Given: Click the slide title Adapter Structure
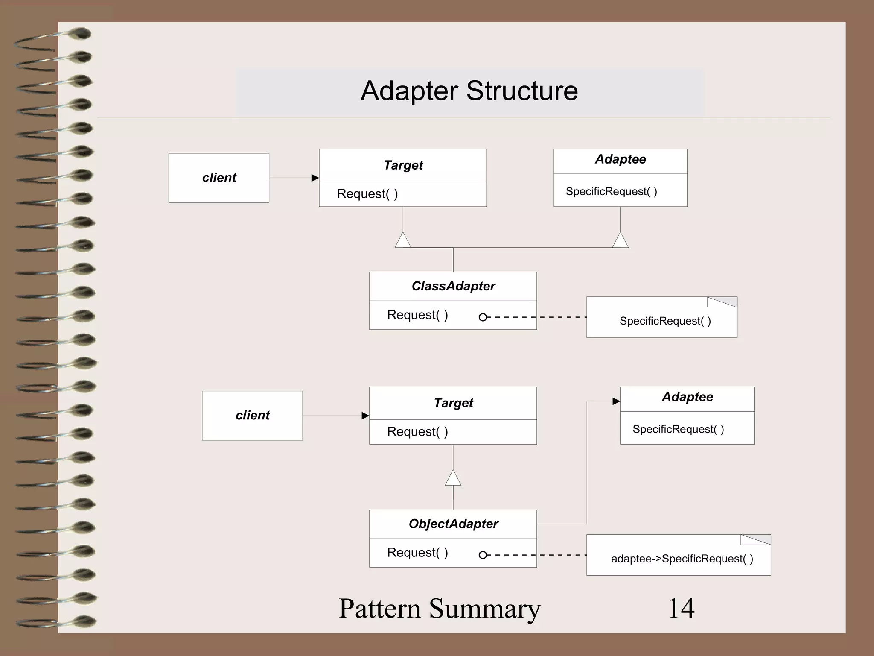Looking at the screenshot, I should click(469, 91).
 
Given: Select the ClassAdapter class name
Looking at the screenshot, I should click(453, 286).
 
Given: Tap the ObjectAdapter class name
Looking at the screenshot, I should click(453, 524).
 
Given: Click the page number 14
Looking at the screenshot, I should click(681, 608).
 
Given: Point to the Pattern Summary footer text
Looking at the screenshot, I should click(440, 608).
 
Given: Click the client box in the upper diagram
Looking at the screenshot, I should click(219, 178).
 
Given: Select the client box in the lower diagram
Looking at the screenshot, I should click(252, 416).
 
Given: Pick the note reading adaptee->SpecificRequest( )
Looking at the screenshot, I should click(682, 559).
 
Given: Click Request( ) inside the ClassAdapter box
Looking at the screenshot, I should click(417, 315).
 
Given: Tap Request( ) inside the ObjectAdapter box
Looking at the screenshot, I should click(417, 553).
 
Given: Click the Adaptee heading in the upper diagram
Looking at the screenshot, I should click(620, 159).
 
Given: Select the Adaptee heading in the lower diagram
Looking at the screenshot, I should click(687, 397).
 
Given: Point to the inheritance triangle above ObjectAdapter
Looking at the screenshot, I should click(453, 479).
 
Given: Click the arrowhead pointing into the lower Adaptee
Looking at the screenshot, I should click(616, 401).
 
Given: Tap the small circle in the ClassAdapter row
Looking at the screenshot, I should click(483, 317).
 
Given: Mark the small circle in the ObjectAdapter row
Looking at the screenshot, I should click(483, 555).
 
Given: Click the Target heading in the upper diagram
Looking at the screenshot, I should click(403, 165).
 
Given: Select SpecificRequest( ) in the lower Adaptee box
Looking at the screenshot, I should click(678, 429).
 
